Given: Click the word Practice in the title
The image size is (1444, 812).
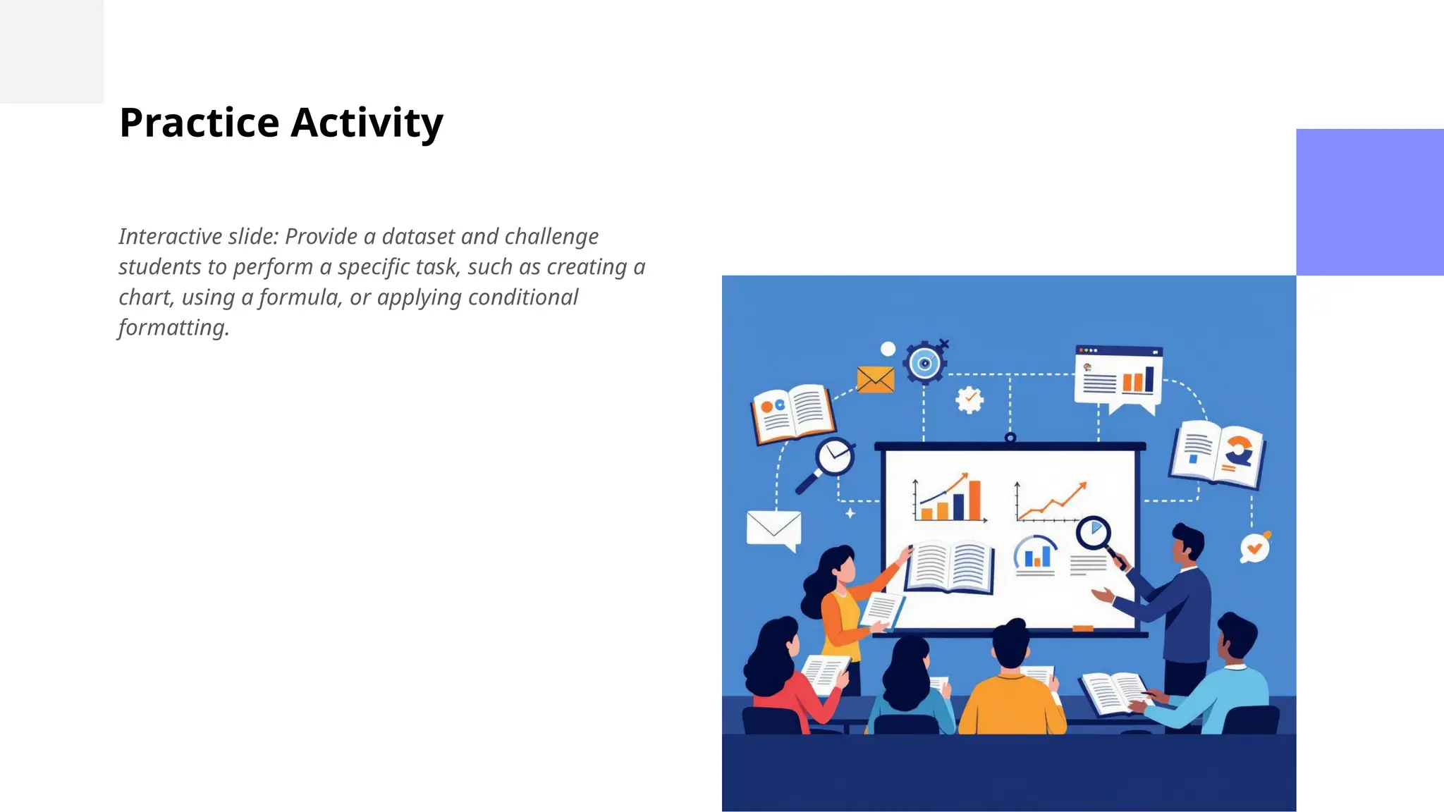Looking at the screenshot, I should point(200,123).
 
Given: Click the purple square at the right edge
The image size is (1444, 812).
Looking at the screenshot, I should point(1369,202).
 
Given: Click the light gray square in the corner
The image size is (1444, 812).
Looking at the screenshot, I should point(51,51).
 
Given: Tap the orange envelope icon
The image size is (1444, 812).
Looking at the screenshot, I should point(875,380).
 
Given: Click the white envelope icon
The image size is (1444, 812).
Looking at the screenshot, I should point(773,529).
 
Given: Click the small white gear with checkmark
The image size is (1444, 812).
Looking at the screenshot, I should point(969,400).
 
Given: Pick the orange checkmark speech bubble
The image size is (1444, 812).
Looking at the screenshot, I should point(1255,548).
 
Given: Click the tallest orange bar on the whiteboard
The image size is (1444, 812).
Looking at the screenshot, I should point(974,500).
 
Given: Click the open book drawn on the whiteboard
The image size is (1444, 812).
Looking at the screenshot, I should point(950,567).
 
